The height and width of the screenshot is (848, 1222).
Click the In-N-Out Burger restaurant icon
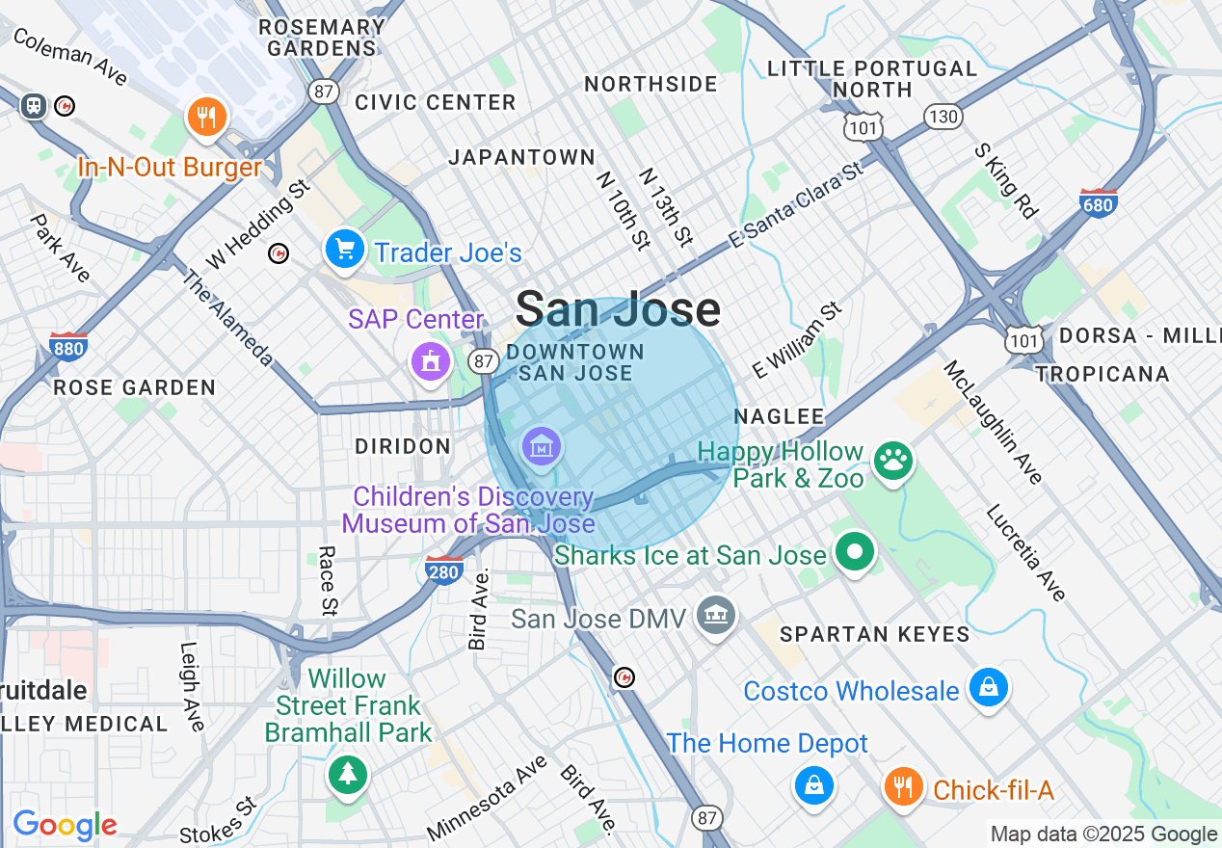coord(205,118)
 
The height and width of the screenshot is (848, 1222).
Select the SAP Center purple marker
coord(430,361)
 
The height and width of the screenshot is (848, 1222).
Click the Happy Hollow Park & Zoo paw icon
coord(893,460)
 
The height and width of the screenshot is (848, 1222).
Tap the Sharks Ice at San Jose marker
coord(854,553)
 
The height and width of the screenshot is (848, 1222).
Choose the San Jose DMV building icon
coord(716,615)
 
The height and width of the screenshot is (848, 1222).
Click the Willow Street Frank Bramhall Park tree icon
coord(347,774)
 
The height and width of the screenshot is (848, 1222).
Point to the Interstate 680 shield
coord(1099,202)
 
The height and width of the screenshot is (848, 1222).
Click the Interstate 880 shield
coord(67,345)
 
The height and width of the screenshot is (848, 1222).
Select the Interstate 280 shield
coord(444,570)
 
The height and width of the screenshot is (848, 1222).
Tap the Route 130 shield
coord(942,118)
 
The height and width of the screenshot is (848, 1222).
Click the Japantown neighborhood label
coord(521,156)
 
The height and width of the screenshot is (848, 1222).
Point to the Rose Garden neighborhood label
coord(135,387)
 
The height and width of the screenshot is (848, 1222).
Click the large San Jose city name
coord(618,309)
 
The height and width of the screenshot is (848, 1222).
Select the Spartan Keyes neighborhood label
coord(874,633)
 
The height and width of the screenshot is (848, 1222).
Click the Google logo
coord(65,826)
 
